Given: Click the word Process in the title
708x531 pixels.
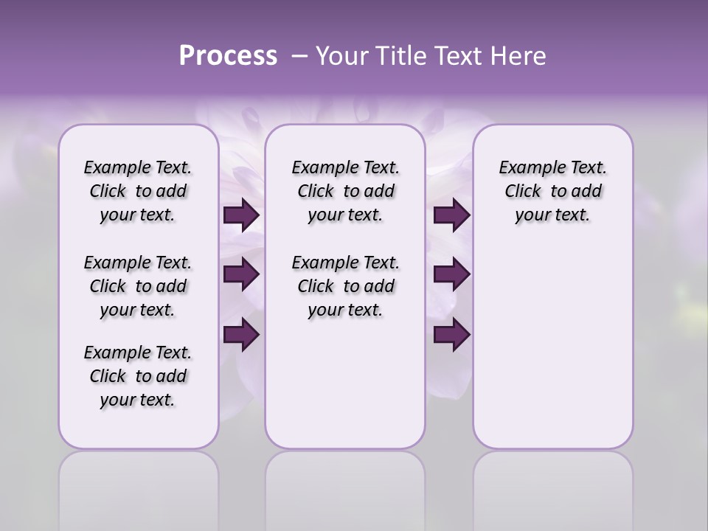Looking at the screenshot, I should point(228,56).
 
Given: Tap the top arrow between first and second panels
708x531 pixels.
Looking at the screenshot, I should point(241,215).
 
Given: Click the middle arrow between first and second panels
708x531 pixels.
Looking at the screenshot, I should point(241,274).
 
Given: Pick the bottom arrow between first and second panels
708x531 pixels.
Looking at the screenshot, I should point(241,335).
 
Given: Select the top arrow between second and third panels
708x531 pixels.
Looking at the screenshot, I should point(451,215).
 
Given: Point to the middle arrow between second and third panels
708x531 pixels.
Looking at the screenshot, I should point(451,274).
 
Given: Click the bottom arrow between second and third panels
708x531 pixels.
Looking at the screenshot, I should point(451,335).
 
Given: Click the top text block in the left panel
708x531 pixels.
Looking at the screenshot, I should point(138,191).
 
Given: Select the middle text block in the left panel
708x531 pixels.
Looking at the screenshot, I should point(138,286).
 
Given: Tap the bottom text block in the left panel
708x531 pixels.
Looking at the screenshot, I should point(138,376).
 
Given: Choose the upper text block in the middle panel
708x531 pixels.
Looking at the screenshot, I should point(345,191).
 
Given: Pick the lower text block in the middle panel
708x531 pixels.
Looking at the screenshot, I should point(345,286).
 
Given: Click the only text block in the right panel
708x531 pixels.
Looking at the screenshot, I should point(552,191).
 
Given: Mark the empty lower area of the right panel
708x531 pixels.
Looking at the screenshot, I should point(552,339).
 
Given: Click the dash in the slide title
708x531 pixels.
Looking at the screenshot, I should point(299,56).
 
